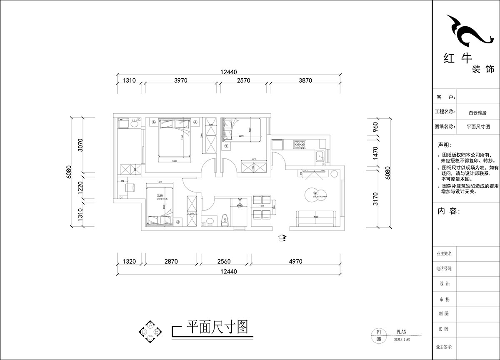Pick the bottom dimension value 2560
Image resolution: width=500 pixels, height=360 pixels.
[224, 261]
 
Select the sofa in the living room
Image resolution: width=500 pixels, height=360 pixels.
[316, 218]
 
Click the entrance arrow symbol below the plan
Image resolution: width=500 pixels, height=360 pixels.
[283, 237]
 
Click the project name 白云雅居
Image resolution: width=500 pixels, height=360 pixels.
[477, 112]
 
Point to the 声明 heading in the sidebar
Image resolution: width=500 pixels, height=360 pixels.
[444, 145]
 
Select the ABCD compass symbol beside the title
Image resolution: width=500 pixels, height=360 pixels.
[150, 331]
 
